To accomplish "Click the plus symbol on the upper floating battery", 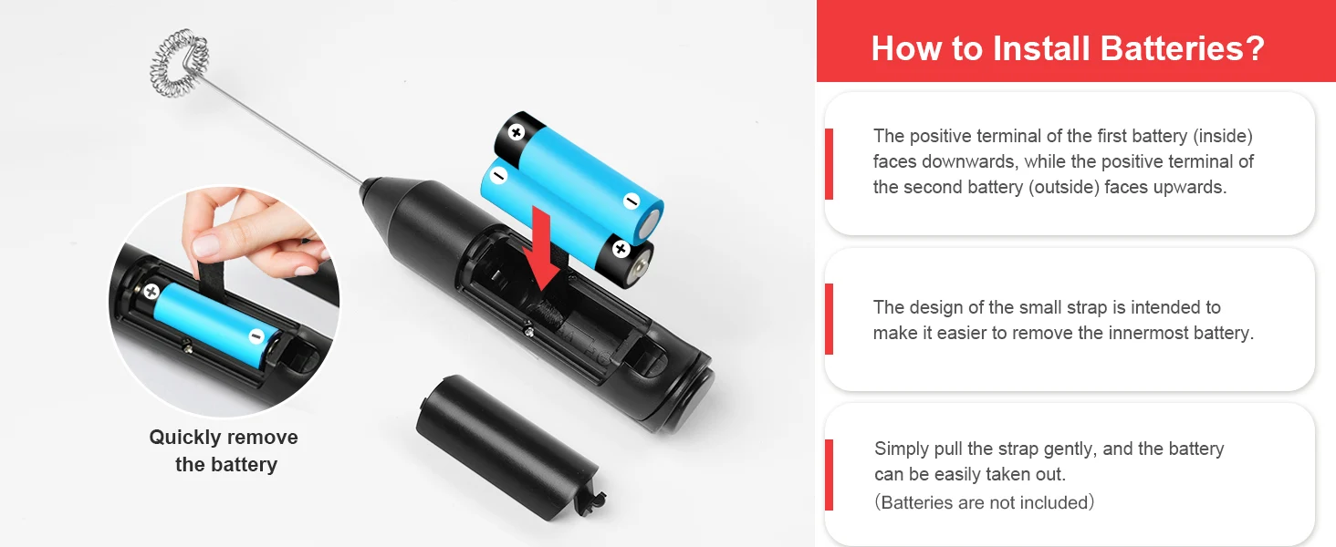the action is [x=517, y=131].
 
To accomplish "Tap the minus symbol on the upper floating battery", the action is [x=631, y=201].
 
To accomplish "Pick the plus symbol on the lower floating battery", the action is [x=621, y=249].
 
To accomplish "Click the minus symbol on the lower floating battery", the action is [x=498, y=175].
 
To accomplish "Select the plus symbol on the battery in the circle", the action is [x=151, y=292].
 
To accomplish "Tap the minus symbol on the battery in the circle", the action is [x=256, y=336].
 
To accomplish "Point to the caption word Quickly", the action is [x=185, y=438].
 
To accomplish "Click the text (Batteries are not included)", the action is [x=985, y=502].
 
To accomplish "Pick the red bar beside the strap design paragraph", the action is [x=829, y=319].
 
